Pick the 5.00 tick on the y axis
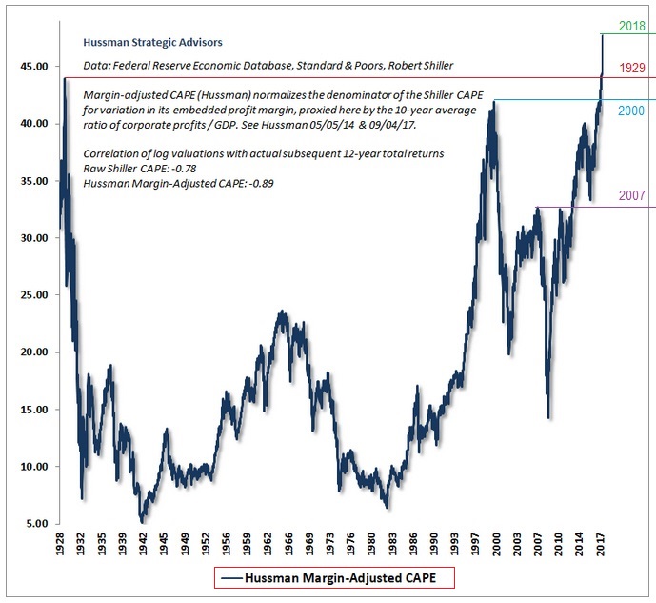35,524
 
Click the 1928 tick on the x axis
62,545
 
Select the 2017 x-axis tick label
603,545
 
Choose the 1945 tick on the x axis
166,545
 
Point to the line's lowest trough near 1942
143,520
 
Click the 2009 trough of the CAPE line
548,416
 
